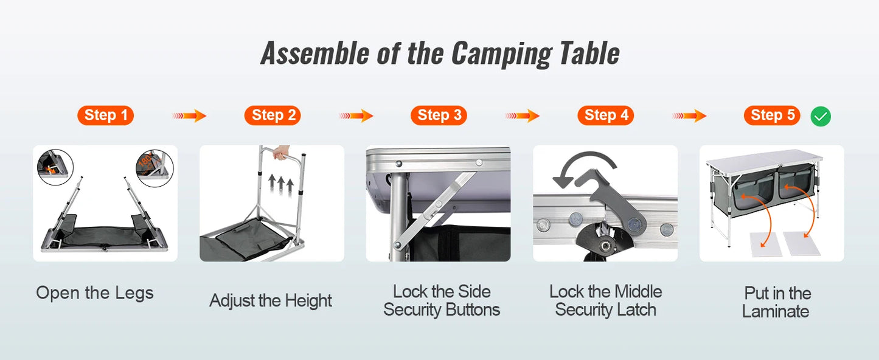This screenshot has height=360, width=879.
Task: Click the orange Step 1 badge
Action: tap(105, 115)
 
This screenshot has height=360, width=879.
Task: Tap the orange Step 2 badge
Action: tap(273, 115)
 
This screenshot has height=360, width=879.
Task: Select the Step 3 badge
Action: tap(439, 115)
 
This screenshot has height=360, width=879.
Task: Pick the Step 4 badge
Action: tap(605, 115)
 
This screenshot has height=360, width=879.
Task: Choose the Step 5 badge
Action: tap(772, 115)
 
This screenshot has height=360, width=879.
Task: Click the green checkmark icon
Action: tap(821, 116)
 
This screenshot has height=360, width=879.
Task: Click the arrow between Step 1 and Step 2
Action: tap(189, 116)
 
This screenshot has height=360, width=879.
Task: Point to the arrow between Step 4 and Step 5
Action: tap(689, 116)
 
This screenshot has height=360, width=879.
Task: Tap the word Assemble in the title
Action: tap(314, 54)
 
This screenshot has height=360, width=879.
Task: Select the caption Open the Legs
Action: tap(95, 293)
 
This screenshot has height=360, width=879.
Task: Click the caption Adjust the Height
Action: tap(271, 300)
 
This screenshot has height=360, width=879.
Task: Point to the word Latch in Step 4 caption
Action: tap(635, 310)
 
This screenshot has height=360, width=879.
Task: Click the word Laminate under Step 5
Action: tap(776, 312)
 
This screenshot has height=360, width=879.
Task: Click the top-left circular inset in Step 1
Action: tap(55, 167)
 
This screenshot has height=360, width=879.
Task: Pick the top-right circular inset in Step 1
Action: tap(155, 168)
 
